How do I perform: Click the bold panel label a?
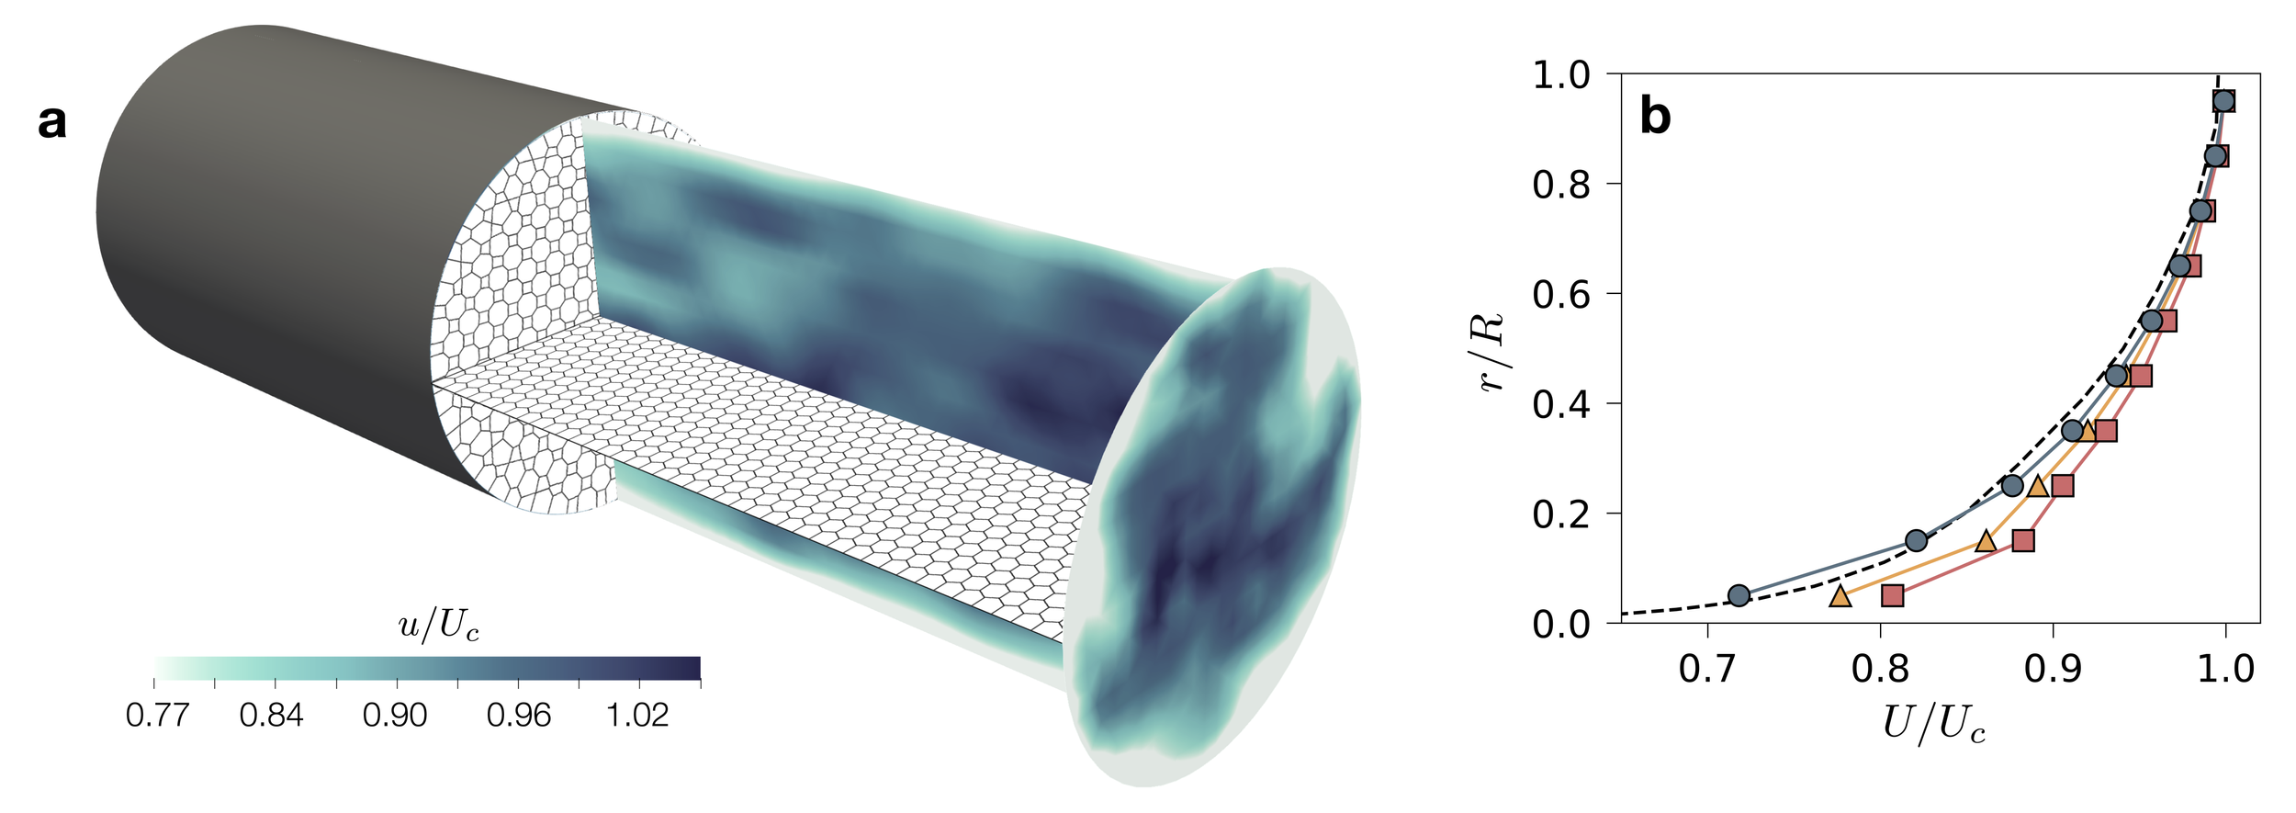pos(52,122)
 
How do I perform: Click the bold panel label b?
pos(1655,117)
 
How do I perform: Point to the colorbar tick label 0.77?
pos(157,715)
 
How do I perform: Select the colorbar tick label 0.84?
pos(272,715)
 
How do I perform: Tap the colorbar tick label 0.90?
pos(395,715)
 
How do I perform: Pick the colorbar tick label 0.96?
pos(519,715)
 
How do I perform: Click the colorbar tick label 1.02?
pos(637,715)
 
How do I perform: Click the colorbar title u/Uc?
pos(438,626)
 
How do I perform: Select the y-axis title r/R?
pos(1491,352)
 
